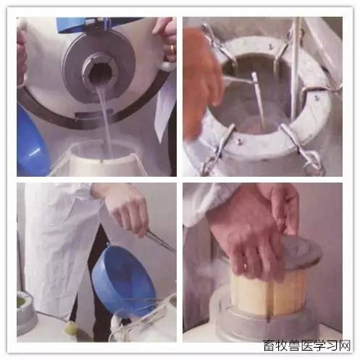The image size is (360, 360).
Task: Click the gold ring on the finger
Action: [171, 48]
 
